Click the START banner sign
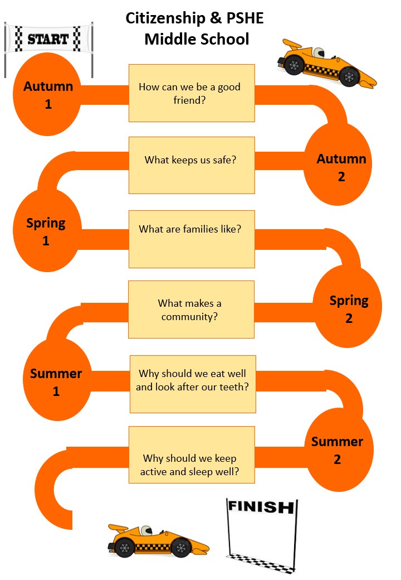coord(48,39)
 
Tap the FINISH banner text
coord(260,507)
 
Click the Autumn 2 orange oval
coord(341,167)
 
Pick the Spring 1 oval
coord(46,231)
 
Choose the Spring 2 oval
coord(349,309)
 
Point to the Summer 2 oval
coord(338,450)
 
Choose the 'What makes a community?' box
coord(191,310)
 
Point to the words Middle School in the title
coord(196,40)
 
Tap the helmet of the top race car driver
coord(318,53)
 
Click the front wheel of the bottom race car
coord(182,548)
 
